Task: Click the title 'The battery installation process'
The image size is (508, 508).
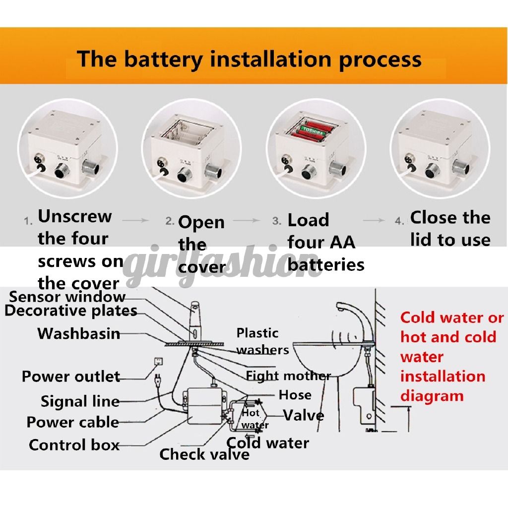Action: (249, 59)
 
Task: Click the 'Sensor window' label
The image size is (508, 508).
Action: (67, 297)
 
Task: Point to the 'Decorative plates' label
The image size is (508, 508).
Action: (70, 311)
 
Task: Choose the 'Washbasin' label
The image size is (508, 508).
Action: (79, 333)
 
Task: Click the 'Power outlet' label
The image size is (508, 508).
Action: (70, 377)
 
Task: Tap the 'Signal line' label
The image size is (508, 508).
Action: (80, 401)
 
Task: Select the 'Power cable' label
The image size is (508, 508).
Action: (72, 422)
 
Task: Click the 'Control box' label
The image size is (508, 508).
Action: (74, 444)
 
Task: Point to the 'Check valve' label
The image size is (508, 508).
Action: (204, 454)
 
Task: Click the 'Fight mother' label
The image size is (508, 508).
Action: (288, 376)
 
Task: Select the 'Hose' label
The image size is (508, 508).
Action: (295, 395)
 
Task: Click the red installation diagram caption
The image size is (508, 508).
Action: (451, 356)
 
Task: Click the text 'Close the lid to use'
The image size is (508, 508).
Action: (449, 229)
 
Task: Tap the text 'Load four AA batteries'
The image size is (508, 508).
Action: (325, 243)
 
